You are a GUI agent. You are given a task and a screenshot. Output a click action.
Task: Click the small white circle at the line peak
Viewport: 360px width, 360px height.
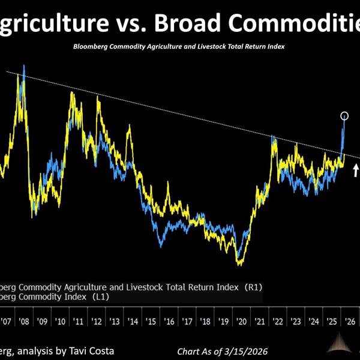344,115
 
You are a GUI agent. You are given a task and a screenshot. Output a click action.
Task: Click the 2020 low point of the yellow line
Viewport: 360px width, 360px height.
240,263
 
